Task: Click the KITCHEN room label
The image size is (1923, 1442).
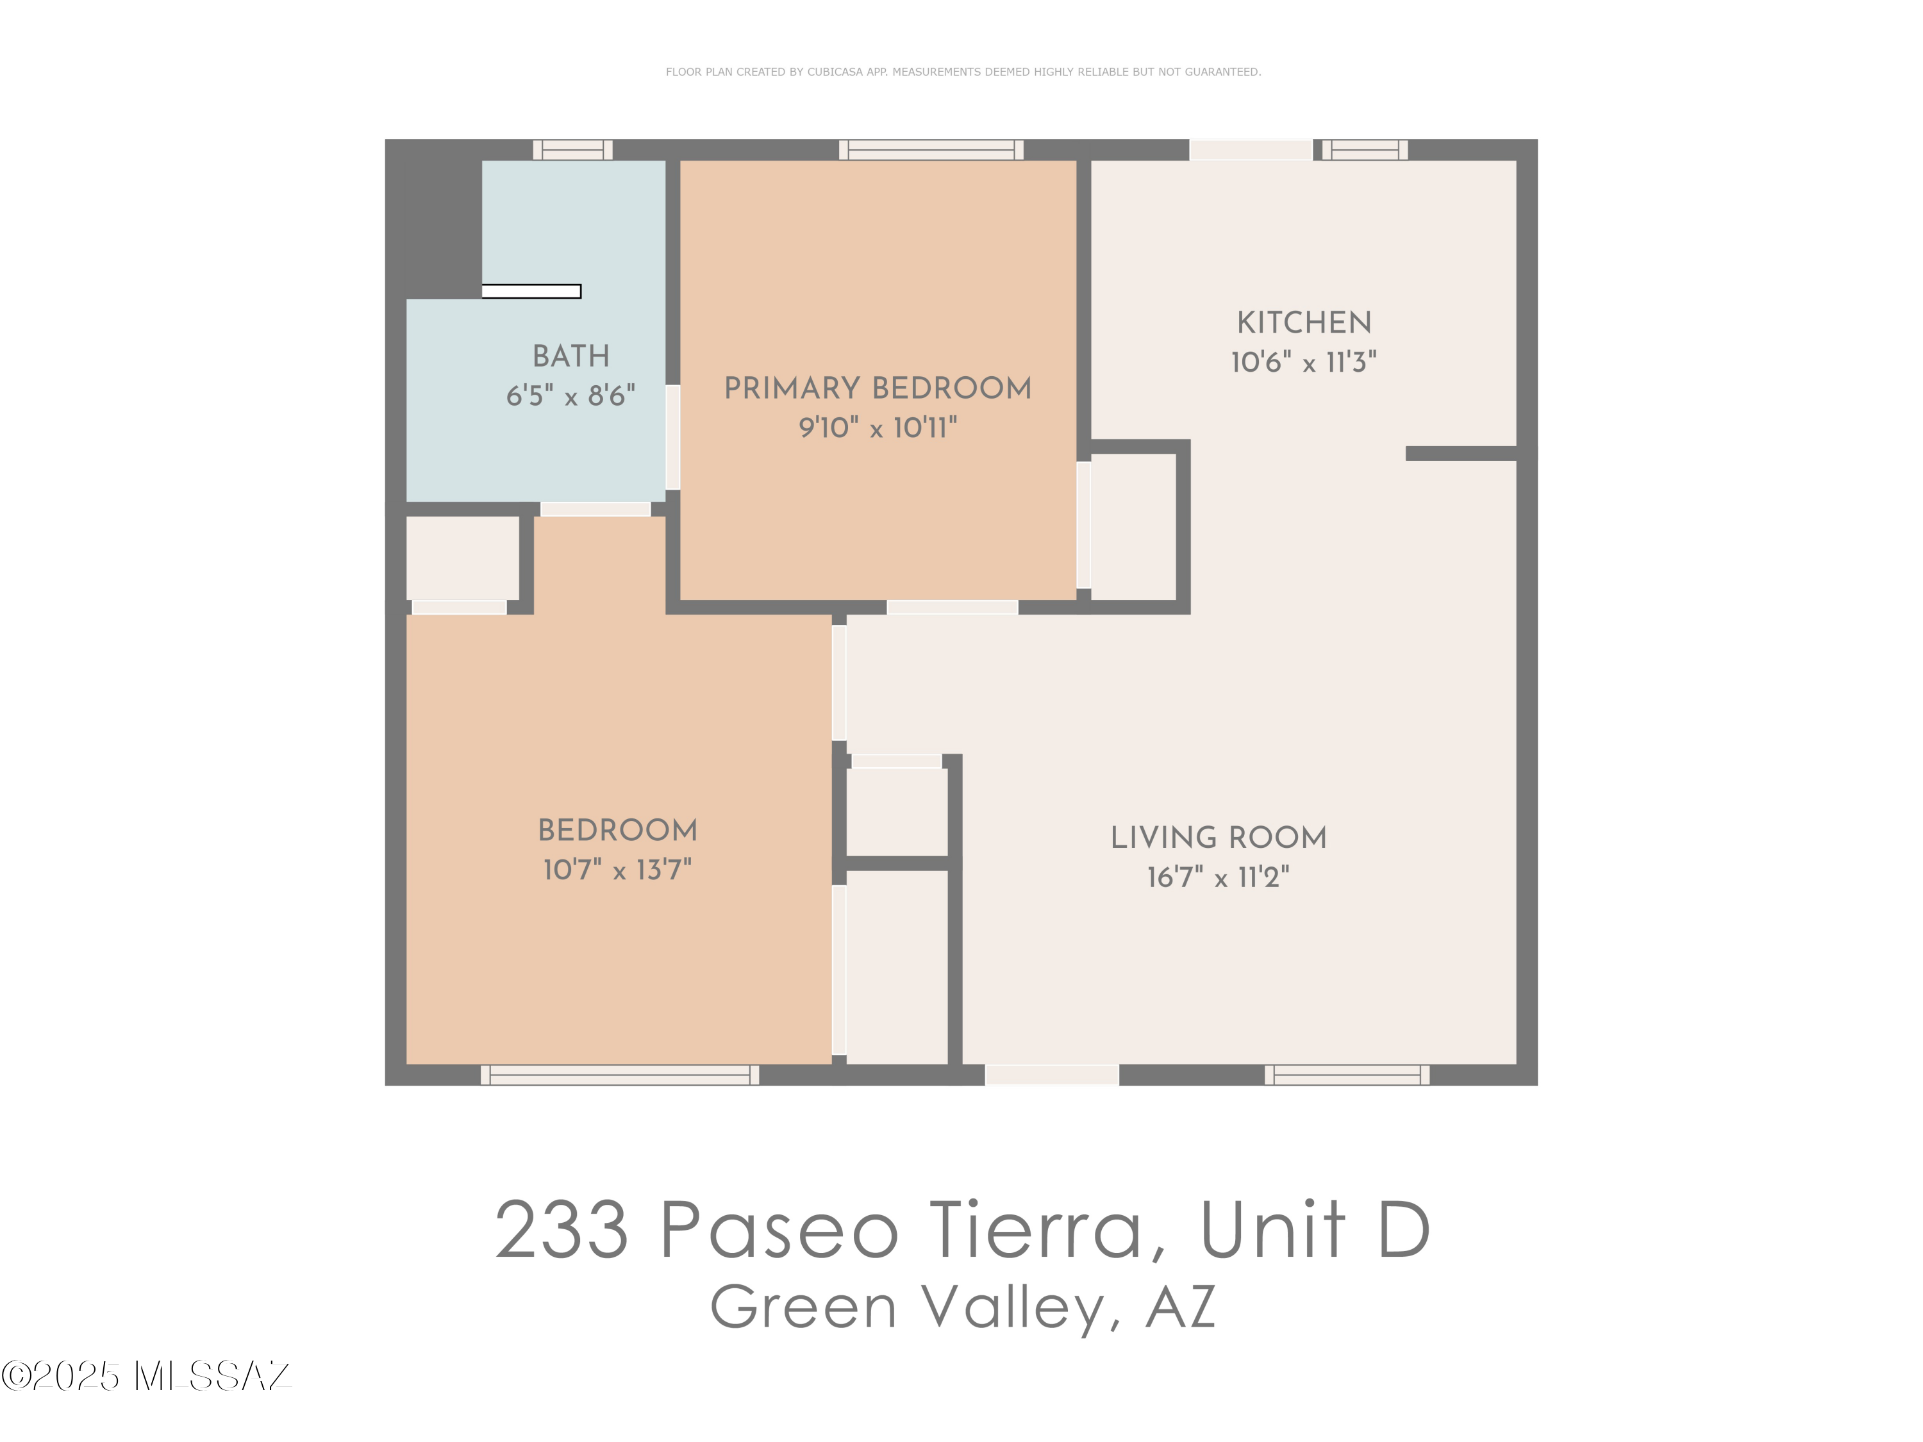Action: (1303, 322)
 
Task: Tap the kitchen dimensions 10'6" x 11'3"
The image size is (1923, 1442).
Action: (1303, 361)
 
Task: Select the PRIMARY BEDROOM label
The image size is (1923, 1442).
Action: (878, 388)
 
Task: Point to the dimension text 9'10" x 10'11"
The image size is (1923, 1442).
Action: (878, 427)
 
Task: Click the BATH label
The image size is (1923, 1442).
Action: (570, 356)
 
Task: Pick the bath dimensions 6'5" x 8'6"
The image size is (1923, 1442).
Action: (570, 395)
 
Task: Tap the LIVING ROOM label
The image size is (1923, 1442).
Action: (1218, 837)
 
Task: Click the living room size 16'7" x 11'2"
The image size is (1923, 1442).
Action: (1218, 877)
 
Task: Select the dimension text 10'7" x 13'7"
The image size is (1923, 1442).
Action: (617, 869)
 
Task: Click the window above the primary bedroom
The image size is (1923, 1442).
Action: (931, 149)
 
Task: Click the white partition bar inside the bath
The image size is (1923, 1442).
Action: (531, 291)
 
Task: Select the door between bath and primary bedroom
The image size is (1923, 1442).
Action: (673, 437)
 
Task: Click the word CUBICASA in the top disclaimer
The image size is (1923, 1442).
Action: (835, 72)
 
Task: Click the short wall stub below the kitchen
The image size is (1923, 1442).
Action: (1461, 453)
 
